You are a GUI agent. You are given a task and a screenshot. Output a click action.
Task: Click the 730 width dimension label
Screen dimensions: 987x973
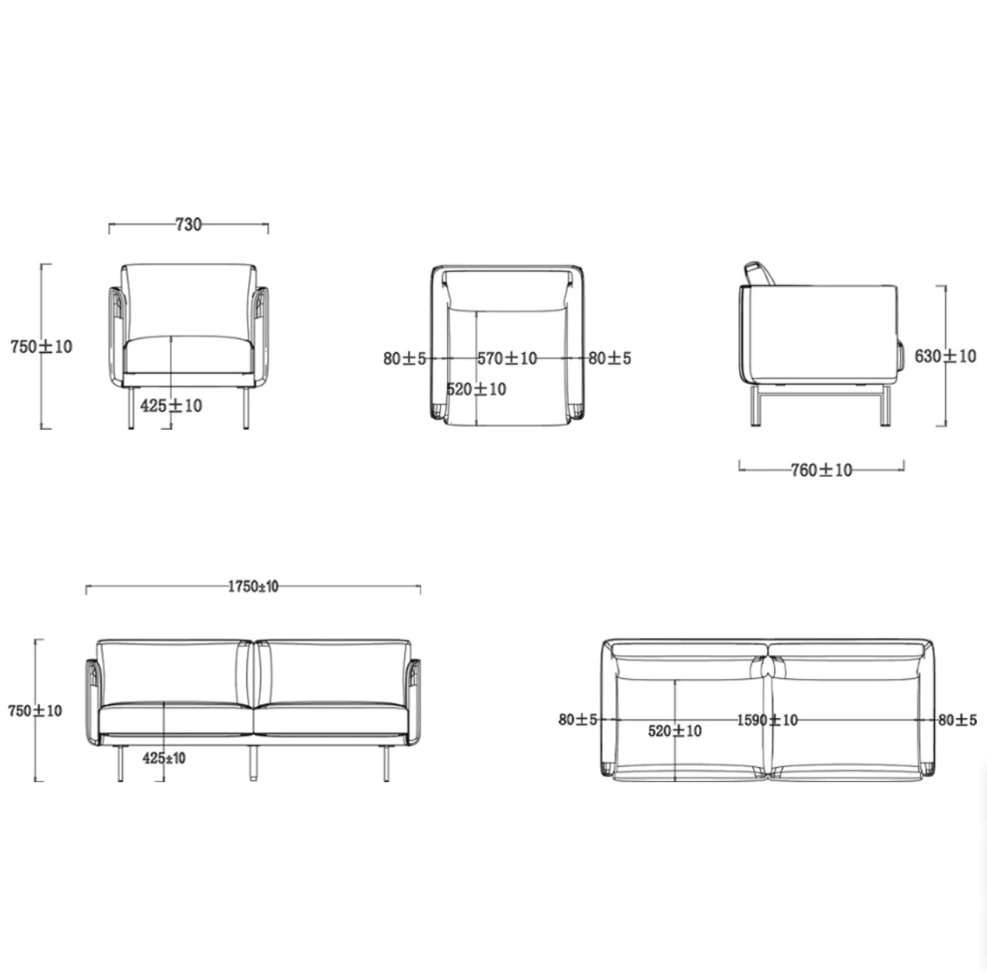click(189, 225)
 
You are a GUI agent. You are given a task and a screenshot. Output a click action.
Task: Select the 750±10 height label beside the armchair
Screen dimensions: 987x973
click(41, 347)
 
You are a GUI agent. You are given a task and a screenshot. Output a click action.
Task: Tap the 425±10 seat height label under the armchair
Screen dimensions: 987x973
click(171, 406)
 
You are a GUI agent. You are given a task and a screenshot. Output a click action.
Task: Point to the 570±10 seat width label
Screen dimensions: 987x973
click(507, 358)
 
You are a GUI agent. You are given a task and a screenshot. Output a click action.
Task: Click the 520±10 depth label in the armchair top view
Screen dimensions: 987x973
click(476, 389)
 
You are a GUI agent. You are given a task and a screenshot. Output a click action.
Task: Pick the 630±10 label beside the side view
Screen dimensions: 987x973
click(946, 356)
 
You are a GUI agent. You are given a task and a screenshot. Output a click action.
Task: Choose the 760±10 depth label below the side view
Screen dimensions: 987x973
click(821, 470)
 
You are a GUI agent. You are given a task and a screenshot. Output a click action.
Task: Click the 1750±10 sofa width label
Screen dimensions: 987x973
click(253, 587)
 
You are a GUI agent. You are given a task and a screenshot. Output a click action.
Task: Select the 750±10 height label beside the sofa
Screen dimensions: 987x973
click(35, 710)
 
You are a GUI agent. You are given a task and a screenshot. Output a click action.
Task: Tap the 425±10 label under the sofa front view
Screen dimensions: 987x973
click(164, 759)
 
